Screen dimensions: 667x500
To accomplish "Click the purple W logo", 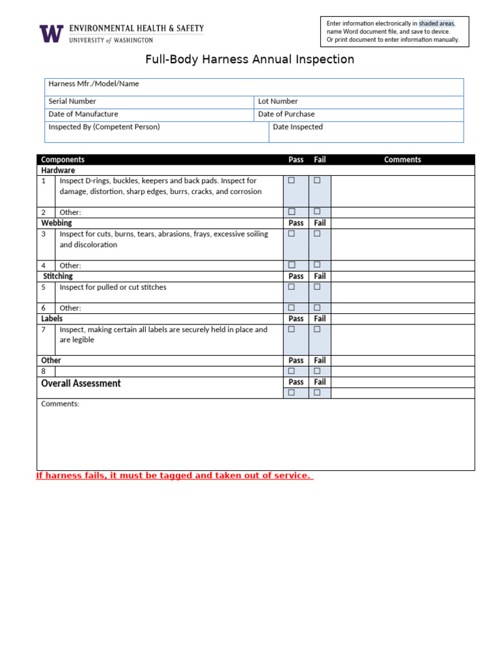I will tap(51, 34).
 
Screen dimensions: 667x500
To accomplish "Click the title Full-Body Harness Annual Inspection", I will tap(249, 60).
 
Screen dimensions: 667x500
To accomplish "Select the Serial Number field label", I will tap(72, 102).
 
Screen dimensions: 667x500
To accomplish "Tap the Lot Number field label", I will tap(278, 102).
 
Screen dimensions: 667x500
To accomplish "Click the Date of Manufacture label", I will tap(83, 114).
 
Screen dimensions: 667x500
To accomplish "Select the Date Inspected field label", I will tap(298, 127).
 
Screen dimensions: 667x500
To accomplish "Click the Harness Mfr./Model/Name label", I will tap(94, 84).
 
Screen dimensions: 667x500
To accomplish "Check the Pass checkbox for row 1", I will tap(292, 180).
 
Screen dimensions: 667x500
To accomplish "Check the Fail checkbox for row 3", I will tap(317, 233).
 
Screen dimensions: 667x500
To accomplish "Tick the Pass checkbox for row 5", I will tap(292, 287).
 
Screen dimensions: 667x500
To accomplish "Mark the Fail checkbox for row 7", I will tap(317, 329).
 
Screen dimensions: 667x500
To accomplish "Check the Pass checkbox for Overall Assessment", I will tap(292, 393).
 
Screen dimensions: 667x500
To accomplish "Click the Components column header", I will tap(62, 160).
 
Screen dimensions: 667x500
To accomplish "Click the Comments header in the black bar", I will tap(402, 160).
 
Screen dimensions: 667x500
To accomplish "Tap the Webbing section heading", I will tap(57, 223).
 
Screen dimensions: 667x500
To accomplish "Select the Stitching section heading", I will tap(58, 276).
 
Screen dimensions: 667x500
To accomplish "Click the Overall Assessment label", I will tap(81, 384).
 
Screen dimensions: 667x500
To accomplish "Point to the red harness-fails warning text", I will tap(174, 475).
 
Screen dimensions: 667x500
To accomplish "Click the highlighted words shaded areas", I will tap(436, 23).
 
